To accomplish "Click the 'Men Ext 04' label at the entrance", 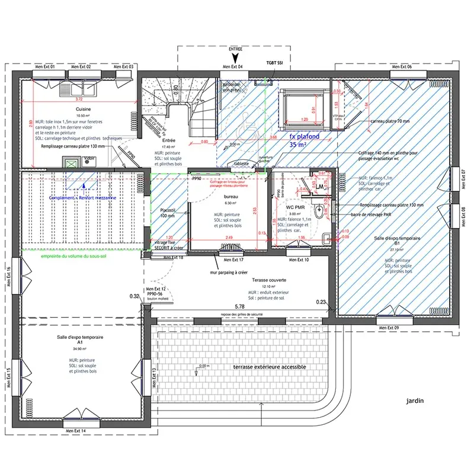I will point(235,67).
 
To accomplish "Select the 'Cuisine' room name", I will point(83,110).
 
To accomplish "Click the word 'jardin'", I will point(415,401).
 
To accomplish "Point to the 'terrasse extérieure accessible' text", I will point(270,367).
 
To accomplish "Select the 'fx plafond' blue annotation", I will point(304,136).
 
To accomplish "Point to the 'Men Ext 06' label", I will point(401,67).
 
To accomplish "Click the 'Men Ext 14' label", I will point(75,430).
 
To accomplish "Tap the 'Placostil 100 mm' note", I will point(169,213).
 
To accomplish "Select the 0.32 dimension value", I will point(134,296).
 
